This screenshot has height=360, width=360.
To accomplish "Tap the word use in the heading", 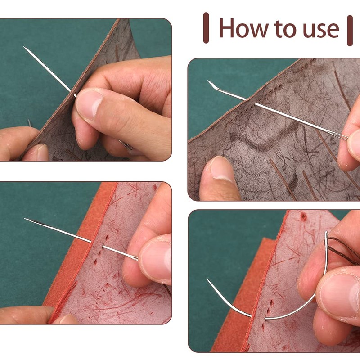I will point(319,29).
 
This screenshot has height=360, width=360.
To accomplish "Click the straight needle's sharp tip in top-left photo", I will point(25,47).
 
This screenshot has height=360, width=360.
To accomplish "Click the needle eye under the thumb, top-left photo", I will point(126,145).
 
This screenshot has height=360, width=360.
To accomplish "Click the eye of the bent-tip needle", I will point(342,135).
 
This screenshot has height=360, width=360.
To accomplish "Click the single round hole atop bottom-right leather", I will point(304,217).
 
